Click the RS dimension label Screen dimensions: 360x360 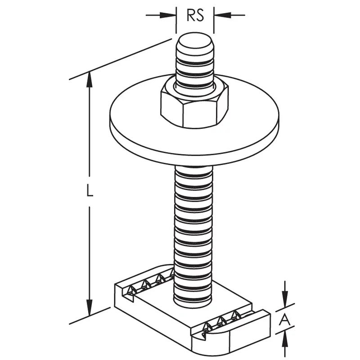pyautogui.click(x=195, y=16)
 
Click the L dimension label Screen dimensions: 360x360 pyautogui.click(x=90, y=190)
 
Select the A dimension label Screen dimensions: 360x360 pyautogui.click(x=285, y=320)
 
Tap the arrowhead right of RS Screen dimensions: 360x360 pyautogui.click(x=222, y=15)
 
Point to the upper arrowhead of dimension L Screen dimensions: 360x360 pyautogui.click(x=90, y=80)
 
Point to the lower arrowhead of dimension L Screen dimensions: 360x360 pyautogui.click(x=90, y=308)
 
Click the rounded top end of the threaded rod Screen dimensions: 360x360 pyautogui.click(x=195, y=41)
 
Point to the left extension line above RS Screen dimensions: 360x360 pyautogui.click(x=176, y=20)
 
